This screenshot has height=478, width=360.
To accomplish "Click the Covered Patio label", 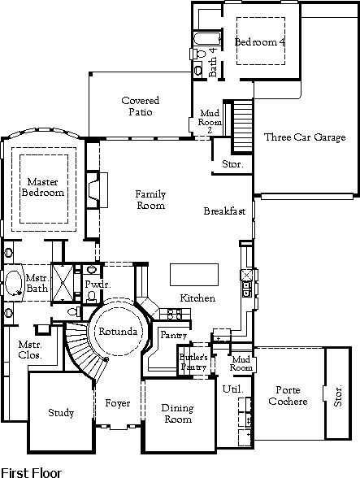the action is coord(141,106).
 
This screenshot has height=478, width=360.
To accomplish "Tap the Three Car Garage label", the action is coord(305,137).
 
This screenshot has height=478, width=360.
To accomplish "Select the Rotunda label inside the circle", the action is coord(118,332).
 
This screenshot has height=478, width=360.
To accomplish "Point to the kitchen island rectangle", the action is coord(194,275).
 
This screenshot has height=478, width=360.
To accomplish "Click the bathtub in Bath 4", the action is coord(207,38).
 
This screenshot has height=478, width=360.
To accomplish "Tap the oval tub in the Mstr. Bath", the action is coord(14,283).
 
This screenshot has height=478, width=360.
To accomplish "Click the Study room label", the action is coord(61,413).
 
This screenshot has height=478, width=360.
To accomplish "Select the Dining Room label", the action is coord(177,413).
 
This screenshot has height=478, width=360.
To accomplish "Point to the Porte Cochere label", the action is coord(288,395).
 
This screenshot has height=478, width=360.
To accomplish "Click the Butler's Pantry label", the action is coord(193,362).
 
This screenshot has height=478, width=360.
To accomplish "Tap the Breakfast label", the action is coord(224,211).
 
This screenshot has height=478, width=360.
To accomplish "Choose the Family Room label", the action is coord(150,200).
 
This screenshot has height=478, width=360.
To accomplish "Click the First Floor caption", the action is coord(32,472).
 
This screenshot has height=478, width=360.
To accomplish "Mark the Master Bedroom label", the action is coord(43,187).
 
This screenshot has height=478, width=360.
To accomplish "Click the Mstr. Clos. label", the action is coord(30,350).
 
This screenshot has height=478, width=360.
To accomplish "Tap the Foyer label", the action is coord(118,403).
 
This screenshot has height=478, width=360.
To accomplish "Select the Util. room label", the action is coord(233,389).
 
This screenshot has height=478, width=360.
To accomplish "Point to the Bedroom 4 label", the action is coord(260,41).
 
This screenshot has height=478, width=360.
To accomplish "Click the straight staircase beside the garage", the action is coord(243,125).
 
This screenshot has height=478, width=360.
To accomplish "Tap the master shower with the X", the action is coord(63,283).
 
